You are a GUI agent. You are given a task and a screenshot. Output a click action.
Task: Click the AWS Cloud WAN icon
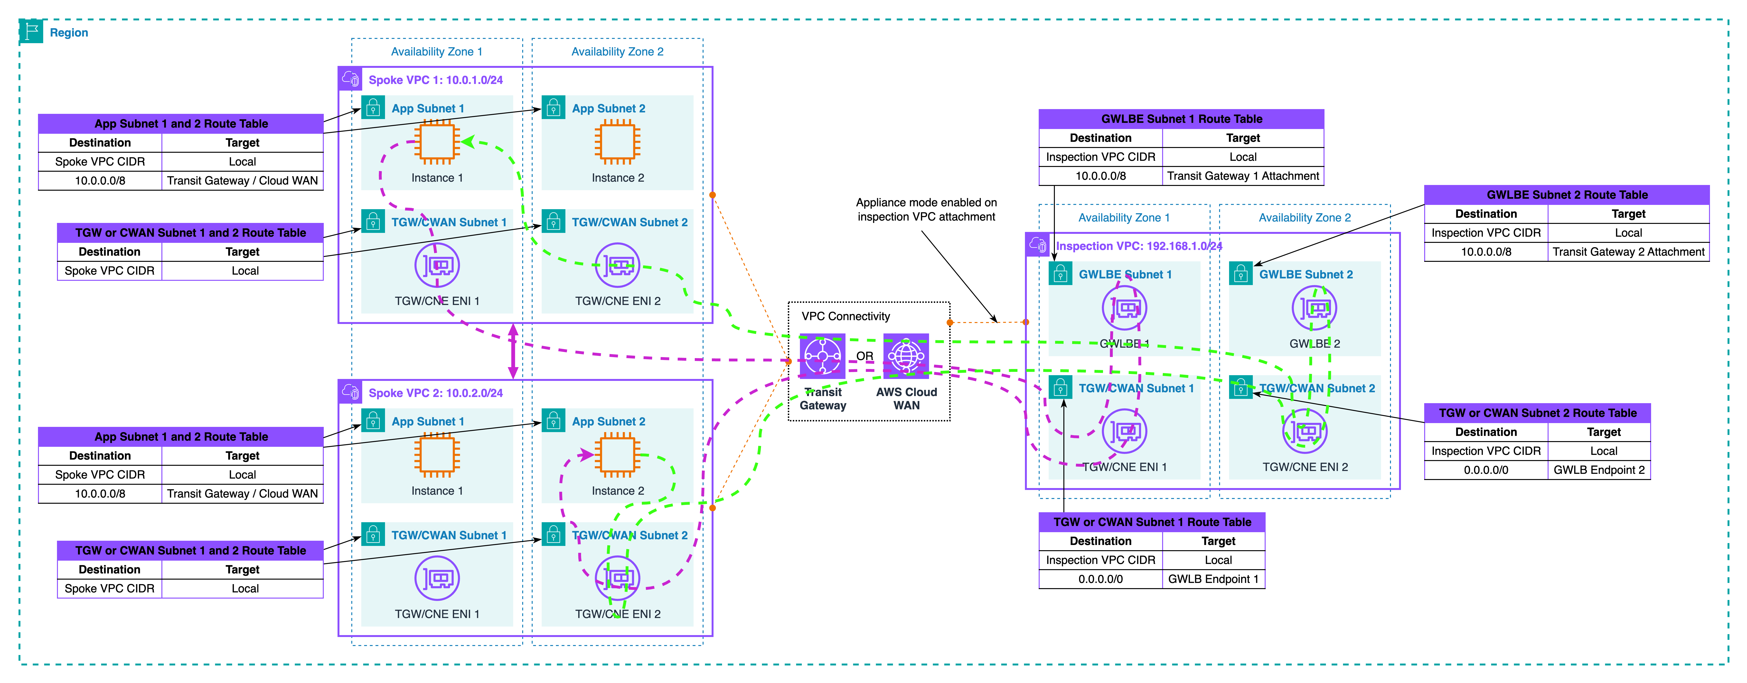[x=906, y=355]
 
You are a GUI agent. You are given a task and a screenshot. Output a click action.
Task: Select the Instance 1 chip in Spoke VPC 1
[x=437, y=142]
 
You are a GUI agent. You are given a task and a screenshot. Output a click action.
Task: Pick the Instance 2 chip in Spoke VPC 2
[x=617, y=455]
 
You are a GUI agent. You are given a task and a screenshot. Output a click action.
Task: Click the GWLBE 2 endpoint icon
[x=1314, y=308]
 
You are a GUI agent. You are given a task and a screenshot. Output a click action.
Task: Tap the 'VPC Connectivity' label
[x=846, y=316]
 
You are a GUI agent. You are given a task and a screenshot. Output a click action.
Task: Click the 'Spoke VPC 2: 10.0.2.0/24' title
[x=435, y=393]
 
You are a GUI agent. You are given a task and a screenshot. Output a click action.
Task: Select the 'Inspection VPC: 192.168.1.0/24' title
[x=1139, y=246]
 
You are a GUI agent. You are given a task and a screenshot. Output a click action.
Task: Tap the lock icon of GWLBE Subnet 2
[x=1240, y=274]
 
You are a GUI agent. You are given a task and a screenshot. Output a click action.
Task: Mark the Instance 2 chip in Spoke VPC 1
[x=617, y=142]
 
